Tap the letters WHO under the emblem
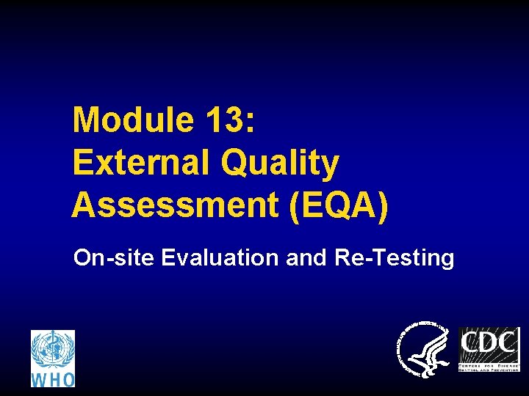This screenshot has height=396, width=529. pos(52,379)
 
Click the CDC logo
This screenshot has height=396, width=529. pos(489,349)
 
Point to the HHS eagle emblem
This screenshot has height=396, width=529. pos(424,349)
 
